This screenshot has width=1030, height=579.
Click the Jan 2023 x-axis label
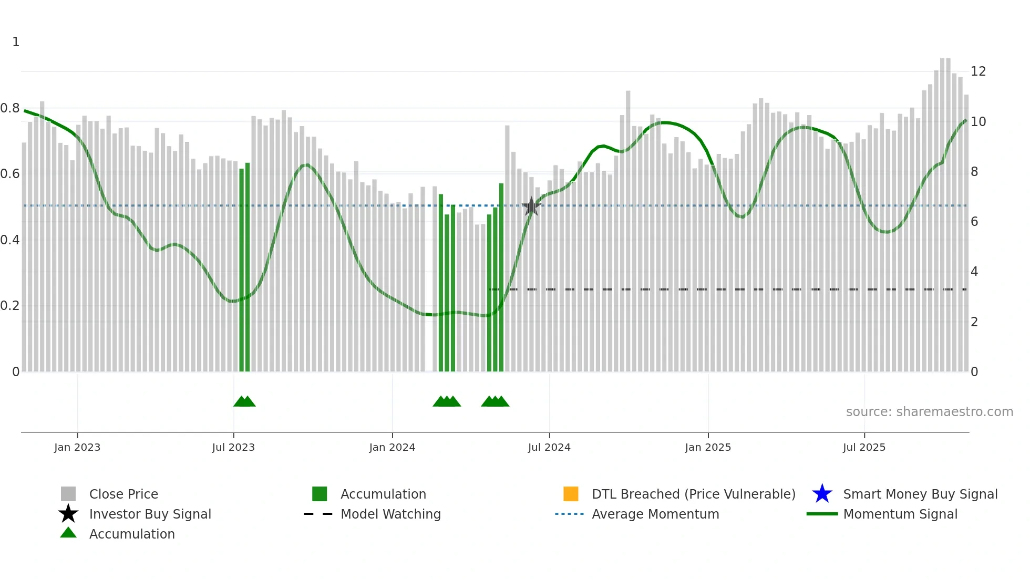click(x=77, y=447)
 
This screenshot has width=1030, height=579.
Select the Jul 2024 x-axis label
click(x=549, y=447)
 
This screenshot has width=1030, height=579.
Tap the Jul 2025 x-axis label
click(x=864, y=447)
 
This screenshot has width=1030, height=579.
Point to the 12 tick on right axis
click(x=978, y=71)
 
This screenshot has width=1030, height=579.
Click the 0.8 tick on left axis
click(x=10, y=108)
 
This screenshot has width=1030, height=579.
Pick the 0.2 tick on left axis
click(x=10, y=306)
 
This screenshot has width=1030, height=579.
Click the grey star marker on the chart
click(x=531, y=206)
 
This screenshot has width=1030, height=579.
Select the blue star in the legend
click(x=822, y=494)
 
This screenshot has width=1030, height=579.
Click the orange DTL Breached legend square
click(x=571, y=494)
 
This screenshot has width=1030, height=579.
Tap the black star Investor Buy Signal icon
click(x=68, y=514)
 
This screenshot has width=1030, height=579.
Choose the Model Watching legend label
click(x=390, y=514)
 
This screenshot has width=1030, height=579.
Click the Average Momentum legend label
click(x=655, y=514)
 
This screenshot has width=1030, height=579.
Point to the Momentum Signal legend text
click(x=900, y=514)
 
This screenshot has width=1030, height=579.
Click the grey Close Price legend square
click(x=68, y=494)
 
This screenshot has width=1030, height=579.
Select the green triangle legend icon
click(x=68, y=533)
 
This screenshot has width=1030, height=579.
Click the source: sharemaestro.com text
click(x=929, y=412)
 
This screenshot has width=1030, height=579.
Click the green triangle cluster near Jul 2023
click(x=244, y=401)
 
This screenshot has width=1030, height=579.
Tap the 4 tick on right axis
click(x=974, y=272)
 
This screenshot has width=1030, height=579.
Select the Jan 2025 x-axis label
click(x=707, y=447)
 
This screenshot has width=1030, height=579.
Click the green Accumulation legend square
click(x=320, y=494)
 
